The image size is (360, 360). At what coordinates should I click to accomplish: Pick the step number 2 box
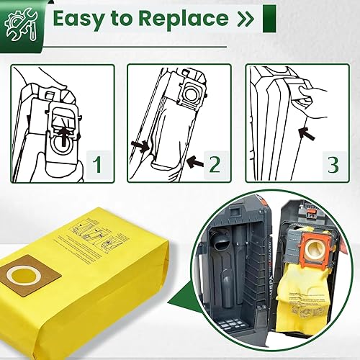[x=214, y=165]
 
